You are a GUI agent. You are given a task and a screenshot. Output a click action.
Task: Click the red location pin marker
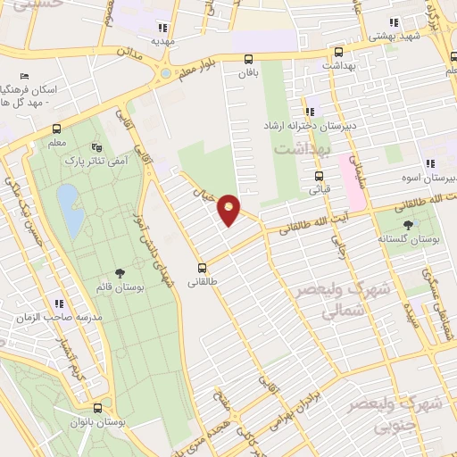[x=229, y=209]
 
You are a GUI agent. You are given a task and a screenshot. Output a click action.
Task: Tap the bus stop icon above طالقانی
[x=203, y=267]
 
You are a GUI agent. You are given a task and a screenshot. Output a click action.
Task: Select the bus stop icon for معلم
[x=57, y=129]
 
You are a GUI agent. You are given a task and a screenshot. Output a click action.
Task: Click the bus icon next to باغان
[x=246, y=58]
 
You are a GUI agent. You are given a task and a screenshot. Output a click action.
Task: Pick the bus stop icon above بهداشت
[x=337, y=51]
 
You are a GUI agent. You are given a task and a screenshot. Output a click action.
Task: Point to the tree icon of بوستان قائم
[x=120, y=274]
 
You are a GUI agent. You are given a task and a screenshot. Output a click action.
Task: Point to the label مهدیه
[x=162, y=40]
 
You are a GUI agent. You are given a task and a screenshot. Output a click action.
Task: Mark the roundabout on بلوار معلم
[x=166, y=71]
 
